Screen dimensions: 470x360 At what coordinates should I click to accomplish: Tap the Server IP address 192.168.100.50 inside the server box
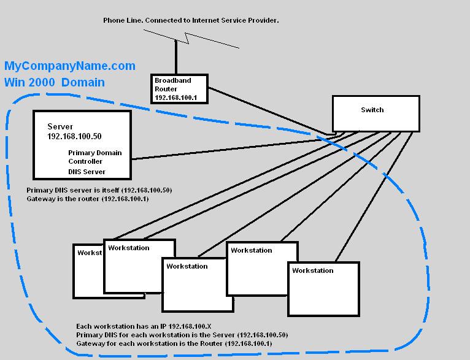point(74,136)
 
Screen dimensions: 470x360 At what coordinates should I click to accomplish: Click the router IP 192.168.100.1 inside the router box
point(175,98)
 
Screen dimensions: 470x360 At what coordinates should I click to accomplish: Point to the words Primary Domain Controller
point(95,157)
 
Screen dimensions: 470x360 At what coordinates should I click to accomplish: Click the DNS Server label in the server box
point(87,172)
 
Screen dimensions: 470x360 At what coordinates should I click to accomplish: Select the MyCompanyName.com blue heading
point(70,66)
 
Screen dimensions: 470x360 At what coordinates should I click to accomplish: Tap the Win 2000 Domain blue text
point(55,82)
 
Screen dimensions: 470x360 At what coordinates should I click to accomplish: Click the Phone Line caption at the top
point(191,20)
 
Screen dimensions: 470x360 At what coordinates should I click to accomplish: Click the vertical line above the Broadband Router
point(176,57)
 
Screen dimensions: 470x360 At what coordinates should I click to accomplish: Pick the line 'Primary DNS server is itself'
point(99,190)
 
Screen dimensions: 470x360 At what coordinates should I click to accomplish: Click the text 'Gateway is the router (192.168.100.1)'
point(88,199)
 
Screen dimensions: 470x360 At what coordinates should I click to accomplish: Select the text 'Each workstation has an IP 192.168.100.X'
point(144,326)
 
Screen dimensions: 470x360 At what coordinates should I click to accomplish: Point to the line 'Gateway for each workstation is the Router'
point(174,343)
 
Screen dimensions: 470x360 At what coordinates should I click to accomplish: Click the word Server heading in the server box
point(60,126)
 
